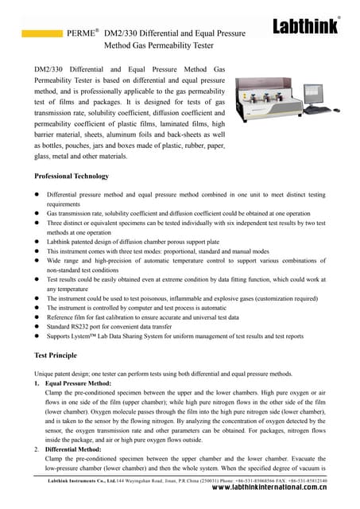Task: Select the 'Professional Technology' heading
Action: [72, 176]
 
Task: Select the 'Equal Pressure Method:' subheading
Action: [77, 383]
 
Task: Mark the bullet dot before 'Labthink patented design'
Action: [37, 236]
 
